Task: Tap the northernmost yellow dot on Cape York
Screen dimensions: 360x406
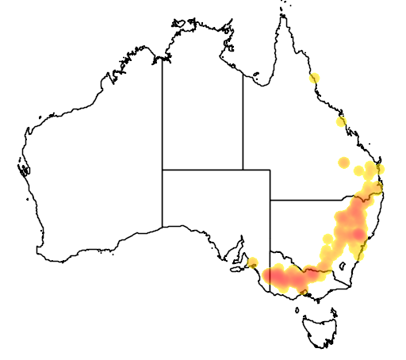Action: (315, 78)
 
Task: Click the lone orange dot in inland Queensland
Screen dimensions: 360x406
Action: (343, 163)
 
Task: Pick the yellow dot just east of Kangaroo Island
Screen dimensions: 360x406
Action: (252, 263)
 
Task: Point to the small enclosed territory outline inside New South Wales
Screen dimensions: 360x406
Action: (343, 268)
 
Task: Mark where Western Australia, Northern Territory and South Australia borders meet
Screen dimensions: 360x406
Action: (163, 169)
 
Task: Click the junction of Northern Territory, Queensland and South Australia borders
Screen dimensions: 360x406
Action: (243, 169)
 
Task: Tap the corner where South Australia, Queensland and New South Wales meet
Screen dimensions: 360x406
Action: (270, 201)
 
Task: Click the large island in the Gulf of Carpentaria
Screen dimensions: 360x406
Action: (257, 77)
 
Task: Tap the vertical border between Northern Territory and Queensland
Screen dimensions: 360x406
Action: (243, 119)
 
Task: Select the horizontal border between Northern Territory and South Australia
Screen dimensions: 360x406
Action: (202, 169)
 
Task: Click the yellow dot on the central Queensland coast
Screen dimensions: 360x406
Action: (341, 121)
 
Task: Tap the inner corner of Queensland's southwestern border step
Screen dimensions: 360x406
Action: (270, 169)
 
